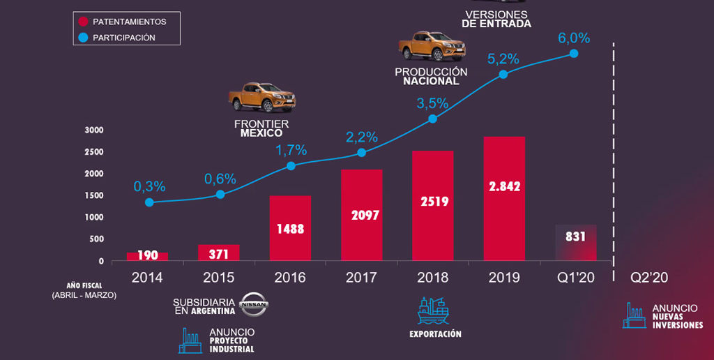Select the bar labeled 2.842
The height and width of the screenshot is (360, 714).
coord(504,199)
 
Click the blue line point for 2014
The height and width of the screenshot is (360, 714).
coord(149,202)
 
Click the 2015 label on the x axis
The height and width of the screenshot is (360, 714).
coord(219,277)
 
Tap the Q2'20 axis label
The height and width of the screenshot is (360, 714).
coord(648,277)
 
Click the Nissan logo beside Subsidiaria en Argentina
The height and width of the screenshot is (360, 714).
coord(253,304)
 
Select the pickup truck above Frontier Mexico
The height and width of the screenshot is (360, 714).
coord(261,97)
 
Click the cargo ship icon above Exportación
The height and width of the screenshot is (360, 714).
coord(432,310)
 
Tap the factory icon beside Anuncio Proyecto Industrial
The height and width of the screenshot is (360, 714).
coord(190,340)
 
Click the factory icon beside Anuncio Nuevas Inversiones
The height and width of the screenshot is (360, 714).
coord(634,315)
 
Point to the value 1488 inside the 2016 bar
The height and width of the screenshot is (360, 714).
coord(290,228)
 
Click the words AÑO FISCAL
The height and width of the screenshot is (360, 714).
coord(84,285)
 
